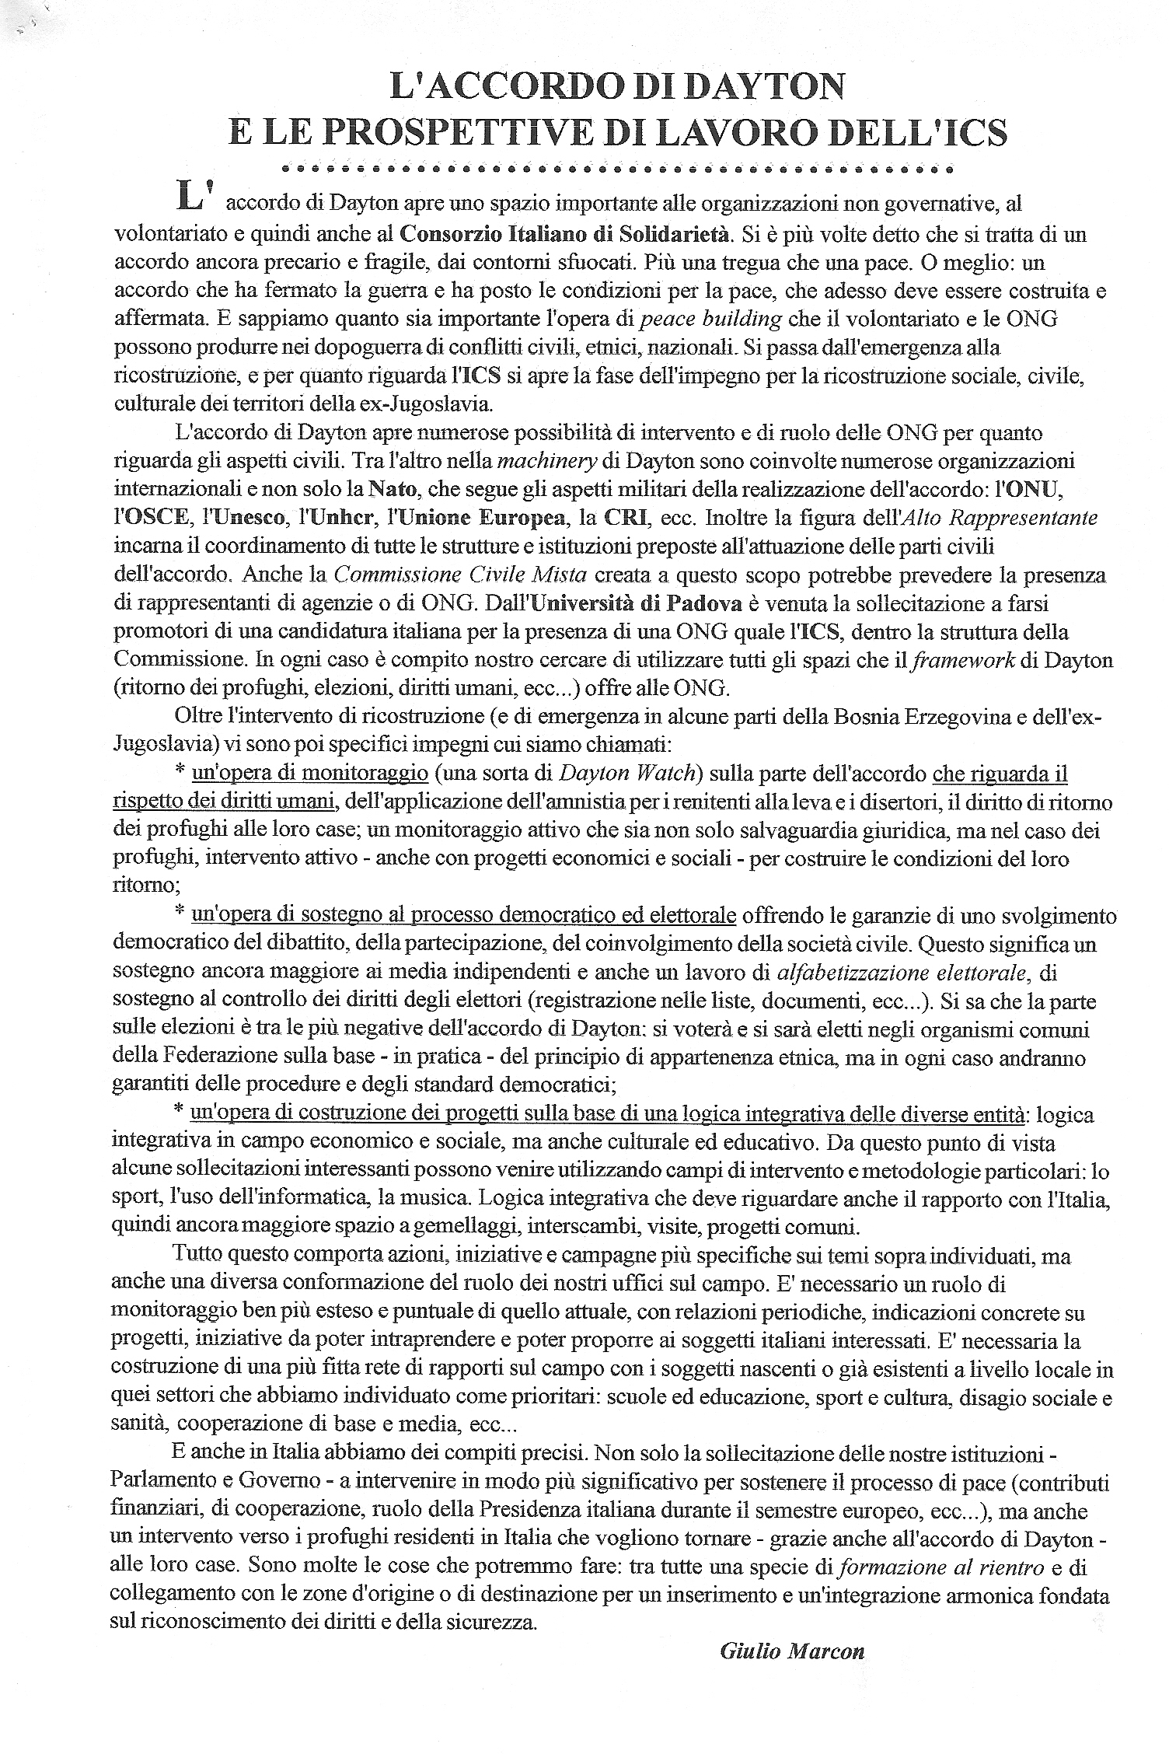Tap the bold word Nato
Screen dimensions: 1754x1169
[391, 490]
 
